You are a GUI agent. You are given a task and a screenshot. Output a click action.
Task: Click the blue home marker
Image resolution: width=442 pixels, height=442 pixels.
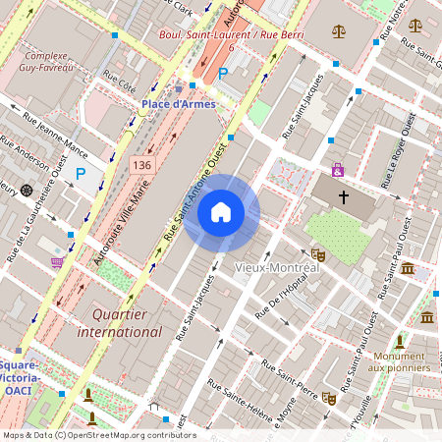[x=221, y=211]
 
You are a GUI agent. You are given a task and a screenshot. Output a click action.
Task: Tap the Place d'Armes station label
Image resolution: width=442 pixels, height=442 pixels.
[x=178, y=103]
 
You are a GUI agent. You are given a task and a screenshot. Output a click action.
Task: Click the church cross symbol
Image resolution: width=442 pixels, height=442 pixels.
[x=344, y=196]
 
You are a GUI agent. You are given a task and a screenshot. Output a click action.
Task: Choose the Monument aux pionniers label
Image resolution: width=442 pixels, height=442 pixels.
[x=398, y=361]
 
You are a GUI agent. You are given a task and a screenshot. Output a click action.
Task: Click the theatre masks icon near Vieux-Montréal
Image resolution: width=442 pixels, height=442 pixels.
[x=317, y=254]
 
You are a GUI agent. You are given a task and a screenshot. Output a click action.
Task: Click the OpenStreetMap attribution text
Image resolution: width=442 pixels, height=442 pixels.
[x=98, y=435]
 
